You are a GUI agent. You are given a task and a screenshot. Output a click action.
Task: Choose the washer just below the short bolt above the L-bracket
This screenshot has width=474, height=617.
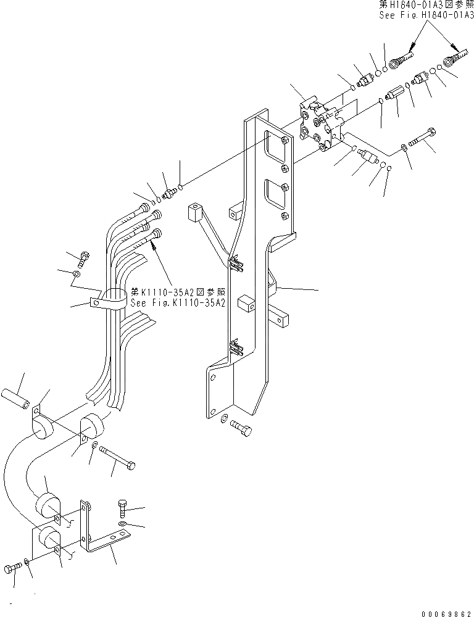123,524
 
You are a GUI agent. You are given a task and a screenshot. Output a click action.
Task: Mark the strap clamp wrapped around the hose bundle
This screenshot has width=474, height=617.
109,300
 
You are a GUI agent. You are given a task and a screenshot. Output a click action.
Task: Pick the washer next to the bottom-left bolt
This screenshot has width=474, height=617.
26,561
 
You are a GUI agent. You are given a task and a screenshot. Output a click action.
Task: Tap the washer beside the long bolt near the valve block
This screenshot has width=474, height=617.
404,147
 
